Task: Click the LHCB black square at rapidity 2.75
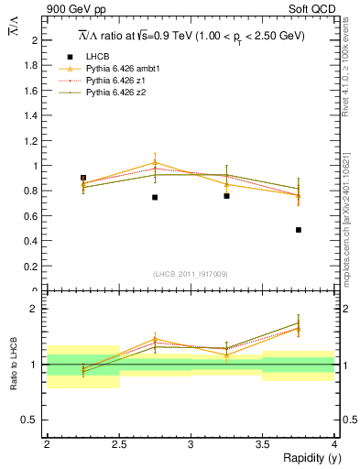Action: [155, 197]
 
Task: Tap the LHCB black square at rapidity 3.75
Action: [299, 230]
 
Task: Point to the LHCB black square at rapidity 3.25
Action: [226, 196]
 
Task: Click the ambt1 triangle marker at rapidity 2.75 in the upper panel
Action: [155, 163]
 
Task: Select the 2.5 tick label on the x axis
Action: [119, 443]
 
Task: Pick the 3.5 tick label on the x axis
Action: [263, 443]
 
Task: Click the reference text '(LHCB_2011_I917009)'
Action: [191, 274]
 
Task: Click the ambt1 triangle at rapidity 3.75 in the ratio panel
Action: [299, 328]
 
